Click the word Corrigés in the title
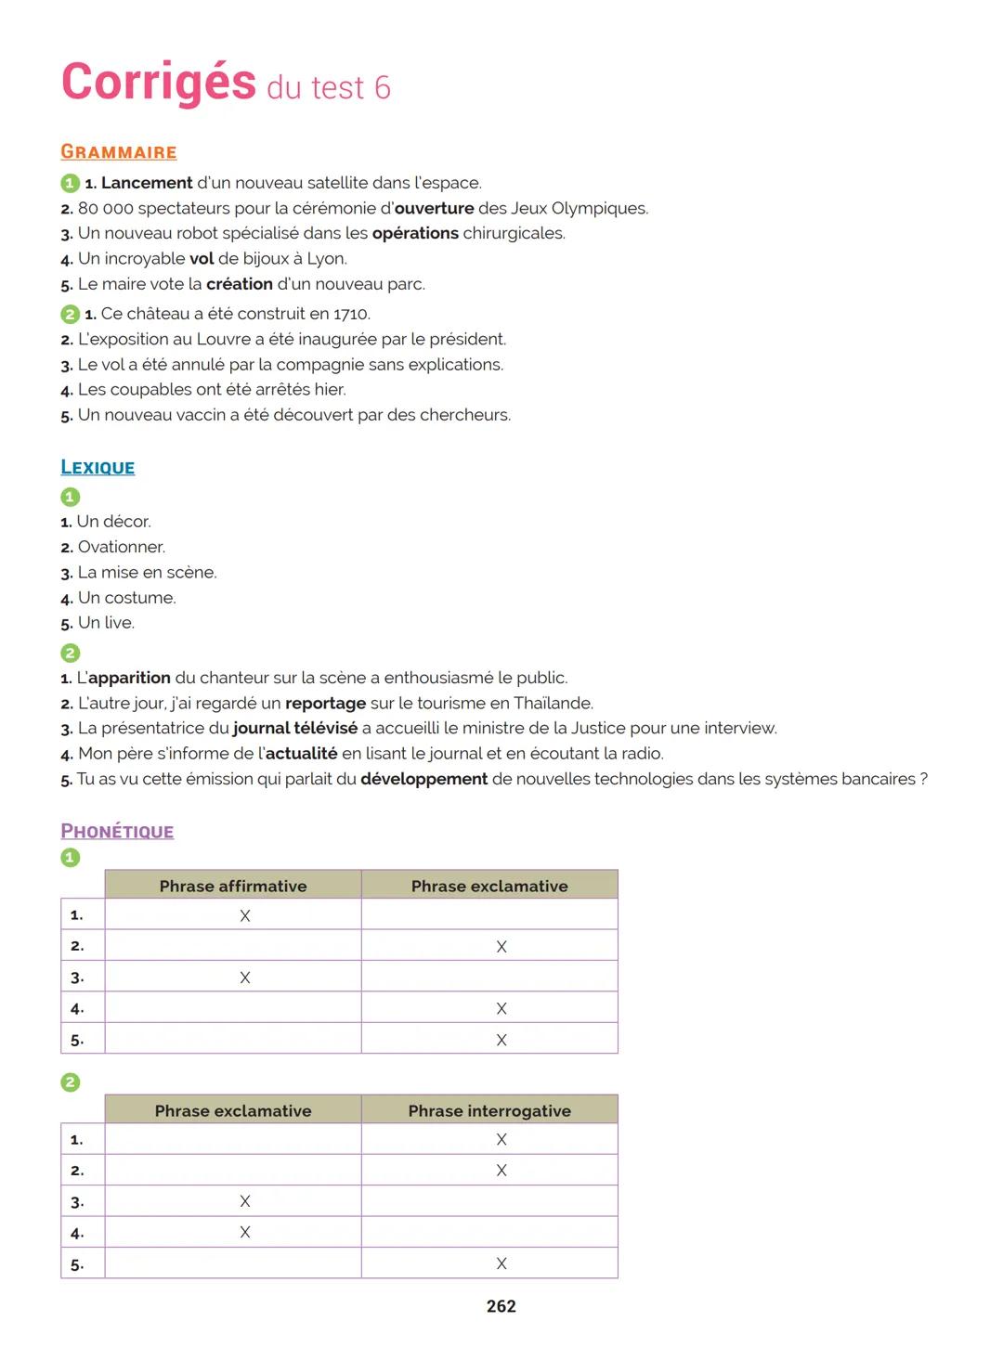click(158, 83)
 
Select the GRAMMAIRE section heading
click(118, 152)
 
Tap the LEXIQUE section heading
click(98, 468)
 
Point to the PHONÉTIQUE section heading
click(117, 832)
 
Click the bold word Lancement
click(147, 183)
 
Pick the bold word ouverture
click(434, 208)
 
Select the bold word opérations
click(415, 233)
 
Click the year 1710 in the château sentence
click(351, 314)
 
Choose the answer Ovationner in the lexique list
click(121, 547)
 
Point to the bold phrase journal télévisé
click(294, 728)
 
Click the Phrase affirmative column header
click(233, 886)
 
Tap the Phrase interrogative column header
click(489, 1110)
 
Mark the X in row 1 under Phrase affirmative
click(245, 916)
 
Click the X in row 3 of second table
click(245, 1201)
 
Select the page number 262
click(501, 1306)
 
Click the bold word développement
click(423, 779)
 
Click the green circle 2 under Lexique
click(70, 653)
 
